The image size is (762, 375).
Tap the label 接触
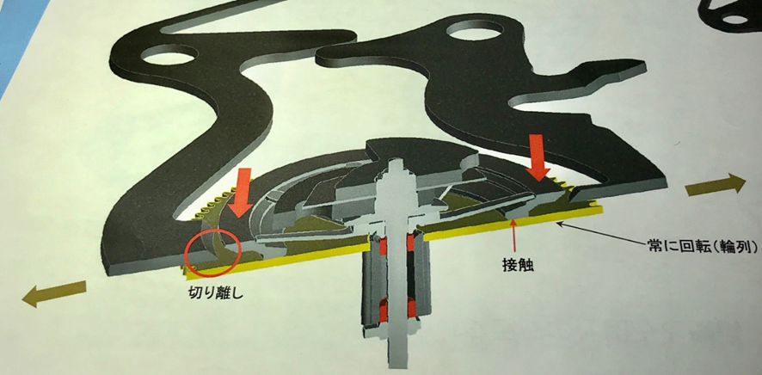pyautogui.click(x=517, y=265)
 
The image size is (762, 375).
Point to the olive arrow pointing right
pyautogui.click(x=716, y=185)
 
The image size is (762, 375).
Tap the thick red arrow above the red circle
pyautogui.click(x=242, y=193)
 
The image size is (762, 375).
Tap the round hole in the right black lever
pyautogui.click(x=474, y=30)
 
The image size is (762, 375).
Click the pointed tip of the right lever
pyautogui.click(x=644, y=64)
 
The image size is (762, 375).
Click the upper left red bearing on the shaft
pyautogui.click(x=382, y=245)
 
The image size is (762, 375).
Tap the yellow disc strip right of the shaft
pyautogui.click(x=513, y=224)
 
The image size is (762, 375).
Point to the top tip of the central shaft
pyautogui.click(x=396, y=159)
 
